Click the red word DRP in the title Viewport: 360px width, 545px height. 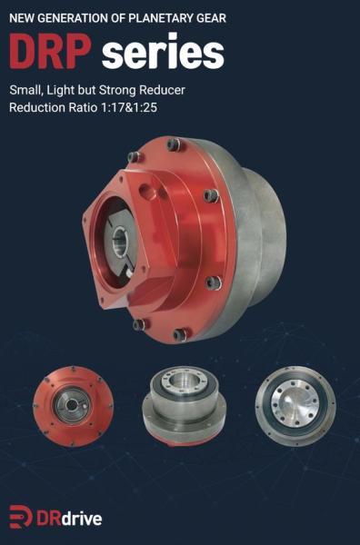50,51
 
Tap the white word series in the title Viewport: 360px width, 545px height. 163,51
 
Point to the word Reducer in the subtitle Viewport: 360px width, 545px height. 162,90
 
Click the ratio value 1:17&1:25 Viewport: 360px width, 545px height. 128,107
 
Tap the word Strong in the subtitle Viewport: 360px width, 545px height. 117,91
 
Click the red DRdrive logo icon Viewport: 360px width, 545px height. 21,516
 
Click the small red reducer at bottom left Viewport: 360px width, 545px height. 73,406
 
